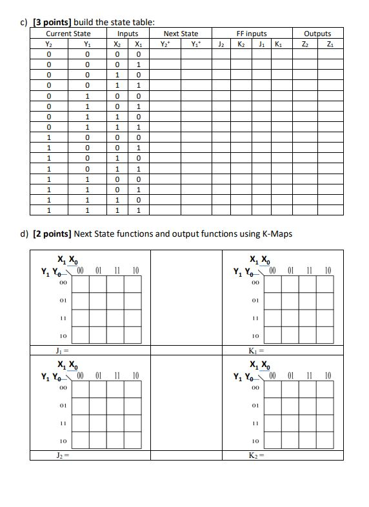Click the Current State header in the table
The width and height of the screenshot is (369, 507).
68,34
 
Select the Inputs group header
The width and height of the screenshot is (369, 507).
128,34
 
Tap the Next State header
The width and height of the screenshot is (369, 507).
181,34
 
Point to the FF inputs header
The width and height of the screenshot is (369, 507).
251,34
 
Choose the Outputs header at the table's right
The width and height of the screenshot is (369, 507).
317,34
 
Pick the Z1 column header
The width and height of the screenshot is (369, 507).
330,44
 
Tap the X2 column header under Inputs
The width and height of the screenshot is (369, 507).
117,44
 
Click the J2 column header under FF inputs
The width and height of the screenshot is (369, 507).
221,44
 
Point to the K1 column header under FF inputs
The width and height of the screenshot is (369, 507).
278,44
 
